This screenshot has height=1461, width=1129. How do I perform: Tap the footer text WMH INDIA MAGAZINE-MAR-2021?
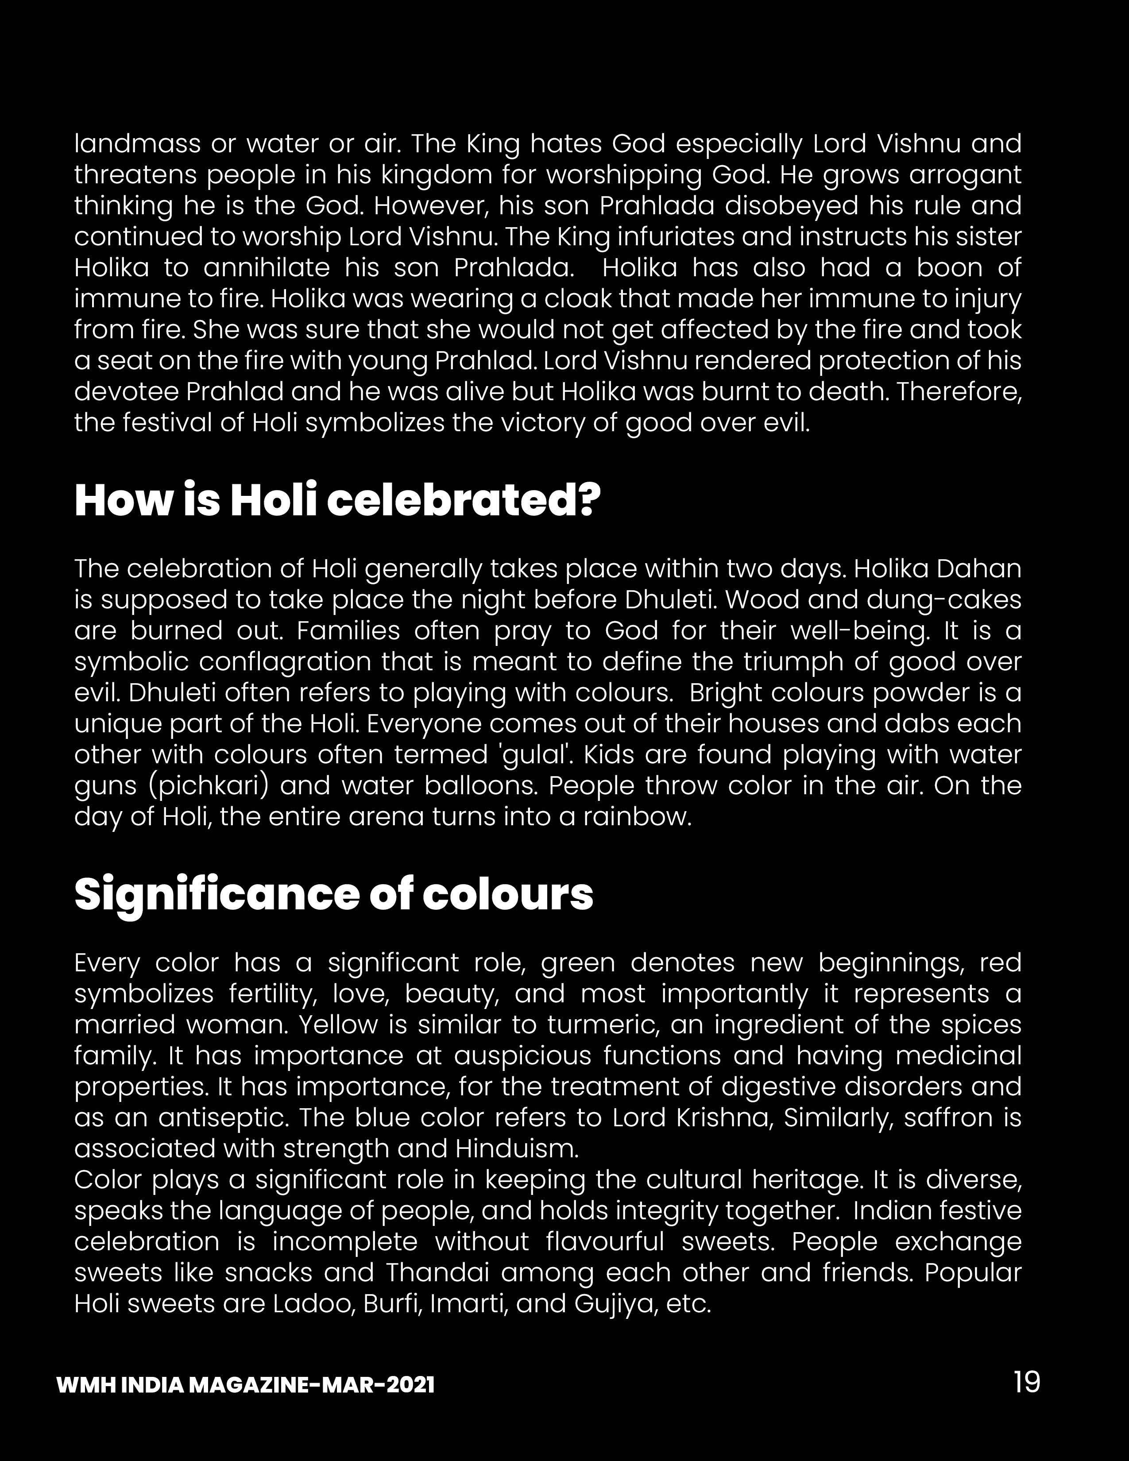point(245,1385)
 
